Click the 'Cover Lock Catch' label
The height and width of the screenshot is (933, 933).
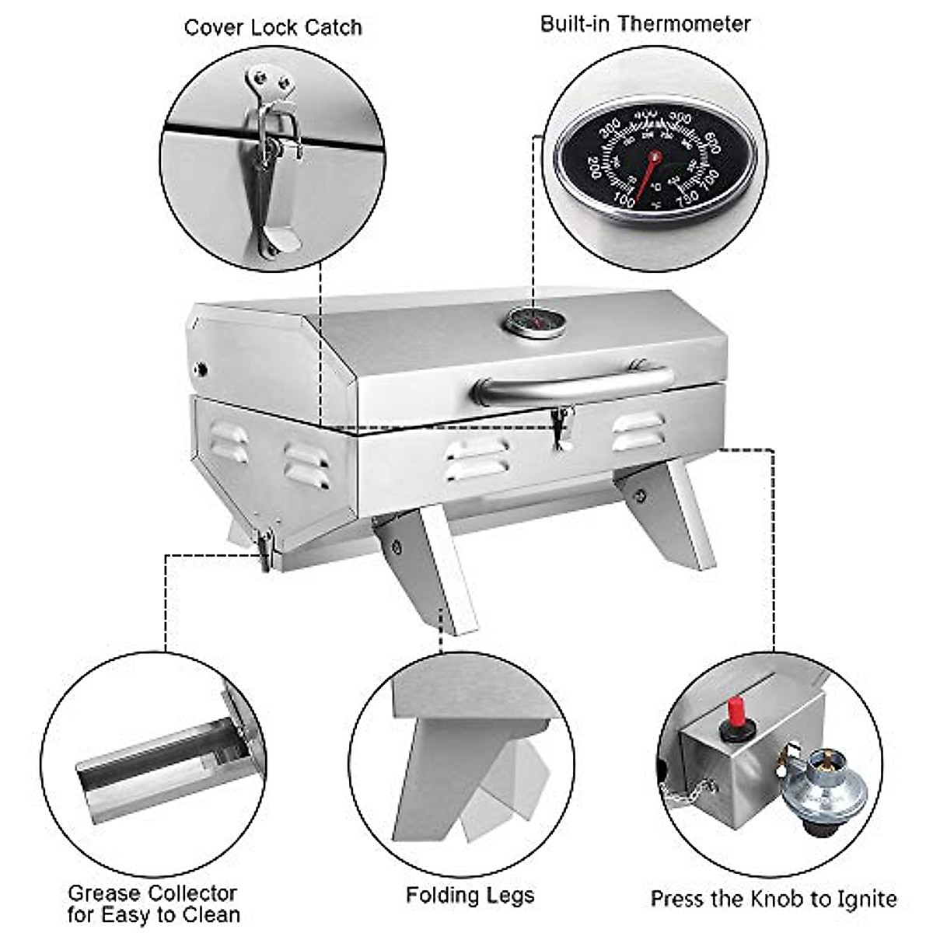click(273, 28)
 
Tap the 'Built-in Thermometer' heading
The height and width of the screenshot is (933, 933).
click(645, 23)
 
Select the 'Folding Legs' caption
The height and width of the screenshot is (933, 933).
click(470, 895)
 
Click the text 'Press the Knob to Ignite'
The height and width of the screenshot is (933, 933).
click(773, 899)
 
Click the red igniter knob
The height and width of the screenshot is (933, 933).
click(733, 711)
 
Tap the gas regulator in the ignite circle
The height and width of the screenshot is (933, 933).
click(823, 785)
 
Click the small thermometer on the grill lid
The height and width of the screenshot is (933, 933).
click(535, 321)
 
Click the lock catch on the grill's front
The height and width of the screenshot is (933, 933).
click(561, 428)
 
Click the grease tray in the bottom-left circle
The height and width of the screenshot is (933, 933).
click(155, 770)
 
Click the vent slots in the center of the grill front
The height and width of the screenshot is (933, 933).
click(477, 458)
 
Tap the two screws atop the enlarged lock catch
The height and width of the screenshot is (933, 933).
click(269, 79)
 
